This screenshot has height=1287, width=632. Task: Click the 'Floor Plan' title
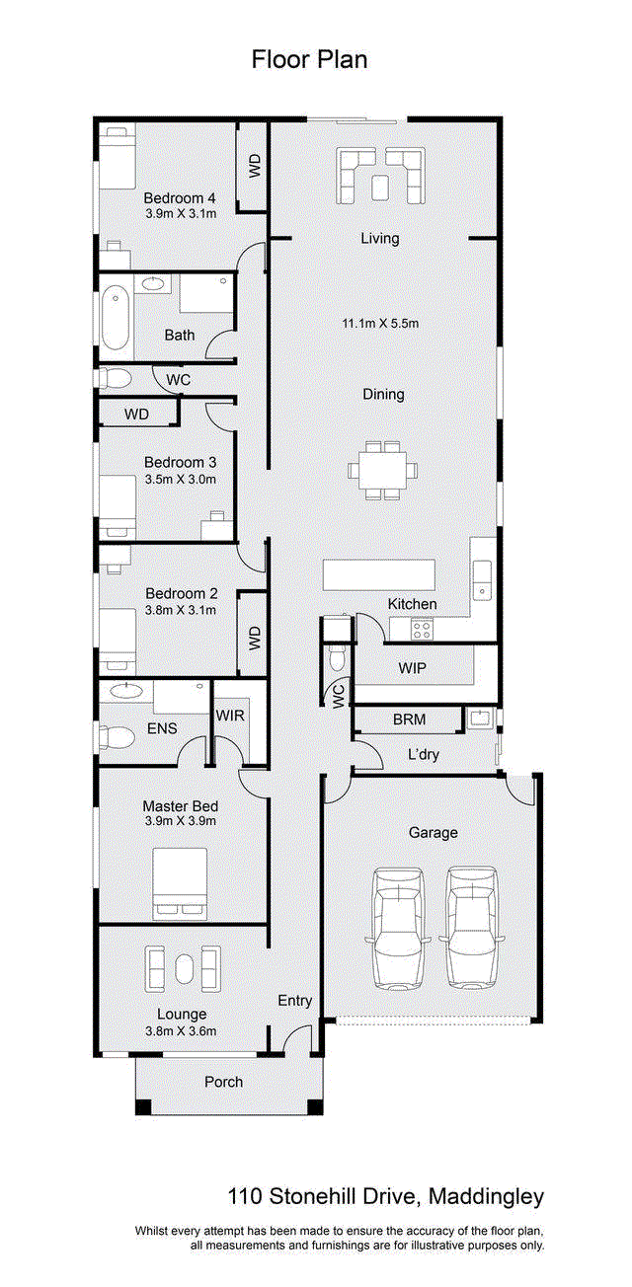click(309, 60)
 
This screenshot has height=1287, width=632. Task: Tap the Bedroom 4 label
click(180, 198)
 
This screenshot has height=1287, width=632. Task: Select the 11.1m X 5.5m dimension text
click(380, 324)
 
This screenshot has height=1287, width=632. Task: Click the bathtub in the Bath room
click(116, 319)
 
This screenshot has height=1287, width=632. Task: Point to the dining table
click(382, 471)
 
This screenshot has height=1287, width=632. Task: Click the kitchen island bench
click(378, 574)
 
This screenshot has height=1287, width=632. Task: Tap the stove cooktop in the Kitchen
click(422, 631)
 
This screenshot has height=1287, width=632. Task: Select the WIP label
click(413, 668)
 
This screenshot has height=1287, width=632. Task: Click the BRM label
click(410, 719)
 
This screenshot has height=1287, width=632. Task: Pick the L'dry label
click(424, 754)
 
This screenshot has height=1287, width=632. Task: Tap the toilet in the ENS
click(117, 737)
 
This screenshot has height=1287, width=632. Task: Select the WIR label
click(230, 716)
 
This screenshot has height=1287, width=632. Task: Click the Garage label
click(434, 833)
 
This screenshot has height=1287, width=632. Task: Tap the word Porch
click(224, 1082)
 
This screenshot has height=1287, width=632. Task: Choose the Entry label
click(295, 1001)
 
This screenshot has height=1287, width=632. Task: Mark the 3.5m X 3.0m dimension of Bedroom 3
click(181, 480)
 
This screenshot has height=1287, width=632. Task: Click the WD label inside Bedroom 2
click(255, 639)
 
